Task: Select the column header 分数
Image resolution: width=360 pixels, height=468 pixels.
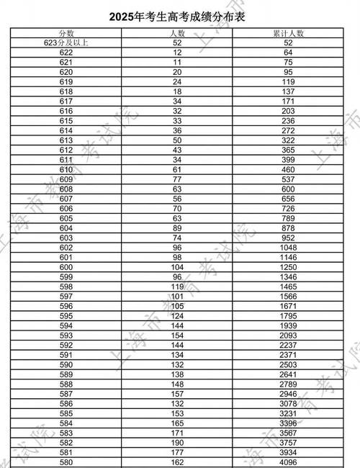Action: pos(67,33)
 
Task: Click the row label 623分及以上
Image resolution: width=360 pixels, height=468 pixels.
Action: pos(67,43)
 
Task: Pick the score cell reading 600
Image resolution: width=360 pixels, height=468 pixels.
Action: pos(67,266)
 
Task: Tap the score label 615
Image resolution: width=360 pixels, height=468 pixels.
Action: pos(67,121)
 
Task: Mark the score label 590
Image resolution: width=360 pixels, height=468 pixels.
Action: pos(67,364)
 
